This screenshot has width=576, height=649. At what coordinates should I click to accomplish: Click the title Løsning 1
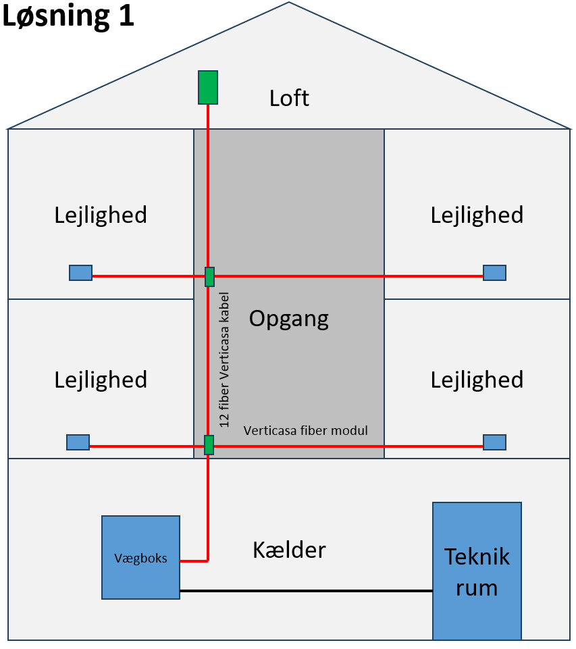click(68, 16)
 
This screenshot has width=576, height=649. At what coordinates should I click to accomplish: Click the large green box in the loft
click(207, 87)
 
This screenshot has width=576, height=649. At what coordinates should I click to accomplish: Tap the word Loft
click(289, 99)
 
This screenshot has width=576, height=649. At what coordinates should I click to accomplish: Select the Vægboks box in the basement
click(140, 557)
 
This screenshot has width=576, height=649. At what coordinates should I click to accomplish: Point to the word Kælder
click(289, 550)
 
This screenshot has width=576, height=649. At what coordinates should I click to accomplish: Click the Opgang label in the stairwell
click(289, 318)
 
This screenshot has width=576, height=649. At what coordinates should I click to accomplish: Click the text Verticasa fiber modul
click(305, 430)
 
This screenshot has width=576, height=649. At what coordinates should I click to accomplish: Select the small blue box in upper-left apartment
click(80, 273)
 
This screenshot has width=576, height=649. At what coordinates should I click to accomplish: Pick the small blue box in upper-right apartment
click(494, 273)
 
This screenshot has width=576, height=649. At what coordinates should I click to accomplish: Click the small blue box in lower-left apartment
click(78, 442)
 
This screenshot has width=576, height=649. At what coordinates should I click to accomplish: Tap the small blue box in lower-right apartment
click(494, 442)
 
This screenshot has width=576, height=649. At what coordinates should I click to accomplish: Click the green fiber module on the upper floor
click(209, 277)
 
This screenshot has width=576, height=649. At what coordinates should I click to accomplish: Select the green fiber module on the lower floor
click(209, 445)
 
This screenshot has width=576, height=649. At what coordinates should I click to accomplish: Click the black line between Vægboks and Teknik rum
click(305, 591)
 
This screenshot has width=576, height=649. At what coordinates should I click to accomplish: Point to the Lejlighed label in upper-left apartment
click(101, 215)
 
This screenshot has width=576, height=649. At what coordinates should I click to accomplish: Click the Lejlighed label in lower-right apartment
click(477, 380)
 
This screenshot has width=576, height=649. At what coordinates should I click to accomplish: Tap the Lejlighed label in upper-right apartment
click(477, 215)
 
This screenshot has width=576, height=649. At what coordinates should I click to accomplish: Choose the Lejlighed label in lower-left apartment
click(101, 380)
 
